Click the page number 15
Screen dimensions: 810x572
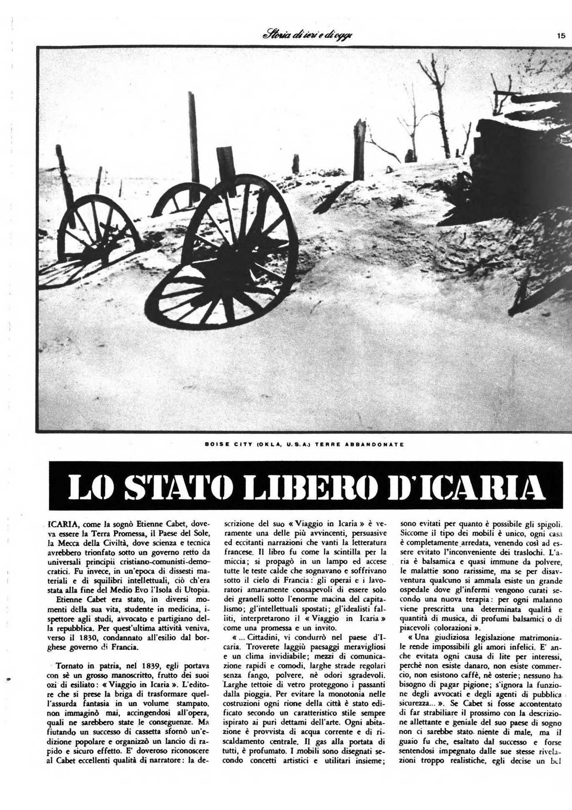click(561, 36)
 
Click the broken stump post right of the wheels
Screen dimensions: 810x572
click(359, 150)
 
